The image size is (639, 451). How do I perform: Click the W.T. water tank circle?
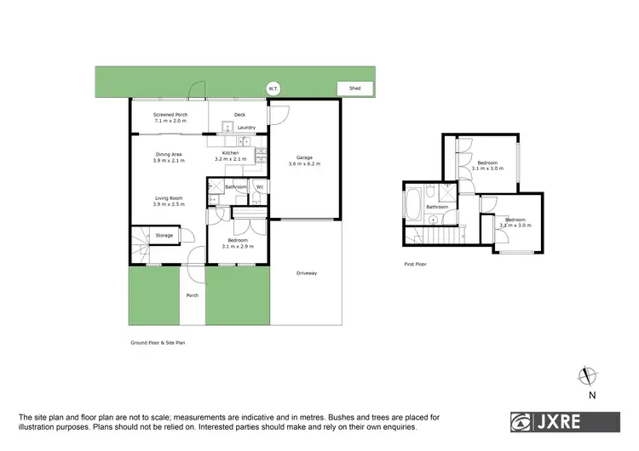(x=273, y=88)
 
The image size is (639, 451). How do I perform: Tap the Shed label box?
(x=355, y=88)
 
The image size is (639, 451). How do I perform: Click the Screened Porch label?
(x=170, y=114)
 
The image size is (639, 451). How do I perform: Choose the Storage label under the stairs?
(x=164, y=235)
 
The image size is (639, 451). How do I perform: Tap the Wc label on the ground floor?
(x=260, y=186)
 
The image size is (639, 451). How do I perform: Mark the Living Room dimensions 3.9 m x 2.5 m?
(x=168, y=205)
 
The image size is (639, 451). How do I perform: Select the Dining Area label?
(x=169, y=154)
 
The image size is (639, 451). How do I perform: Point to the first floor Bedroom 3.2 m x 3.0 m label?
(x=516, y=223)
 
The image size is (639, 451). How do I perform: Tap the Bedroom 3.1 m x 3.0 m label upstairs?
(x=487, y=165)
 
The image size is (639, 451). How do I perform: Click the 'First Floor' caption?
(x=415, y=265)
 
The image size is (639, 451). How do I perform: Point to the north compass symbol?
(x=584, y=377)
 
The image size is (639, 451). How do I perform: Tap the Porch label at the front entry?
(x=193, y=296)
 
